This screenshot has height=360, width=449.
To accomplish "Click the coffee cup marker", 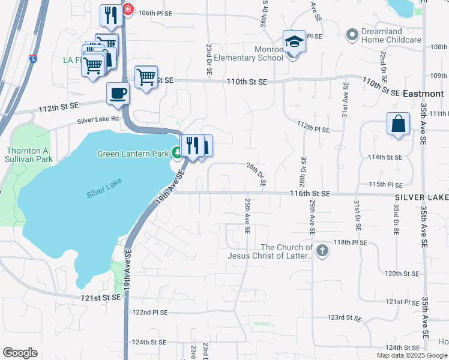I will [x=117, y=94].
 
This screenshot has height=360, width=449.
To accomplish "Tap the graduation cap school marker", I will [x=294, y=41].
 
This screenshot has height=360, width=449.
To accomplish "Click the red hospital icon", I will [x=128, y=10].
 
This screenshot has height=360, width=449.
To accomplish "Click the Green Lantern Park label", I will [x=133, y=154].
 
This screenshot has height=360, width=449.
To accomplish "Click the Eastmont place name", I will [x=423, y=94].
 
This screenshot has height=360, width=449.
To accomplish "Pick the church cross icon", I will [x=322, y=250].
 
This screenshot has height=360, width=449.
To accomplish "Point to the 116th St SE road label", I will [x=310, y=194].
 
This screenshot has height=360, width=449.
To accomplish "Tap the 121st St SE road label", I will [x=100, y=298].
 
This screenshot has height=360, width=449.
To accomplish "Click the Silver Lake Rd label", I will [x=98, y=121].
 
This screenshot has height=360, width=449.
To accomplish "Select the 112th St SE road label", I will [x=58, y=106].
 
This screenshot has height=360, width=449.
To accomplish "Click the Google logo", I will [x=20, y=353].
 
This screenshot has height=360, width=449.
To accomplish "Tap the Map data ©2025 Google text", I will [x=412, y=355].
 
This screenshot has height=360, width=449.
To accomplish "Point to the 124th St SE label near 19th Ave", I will [x=149, y=342].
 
